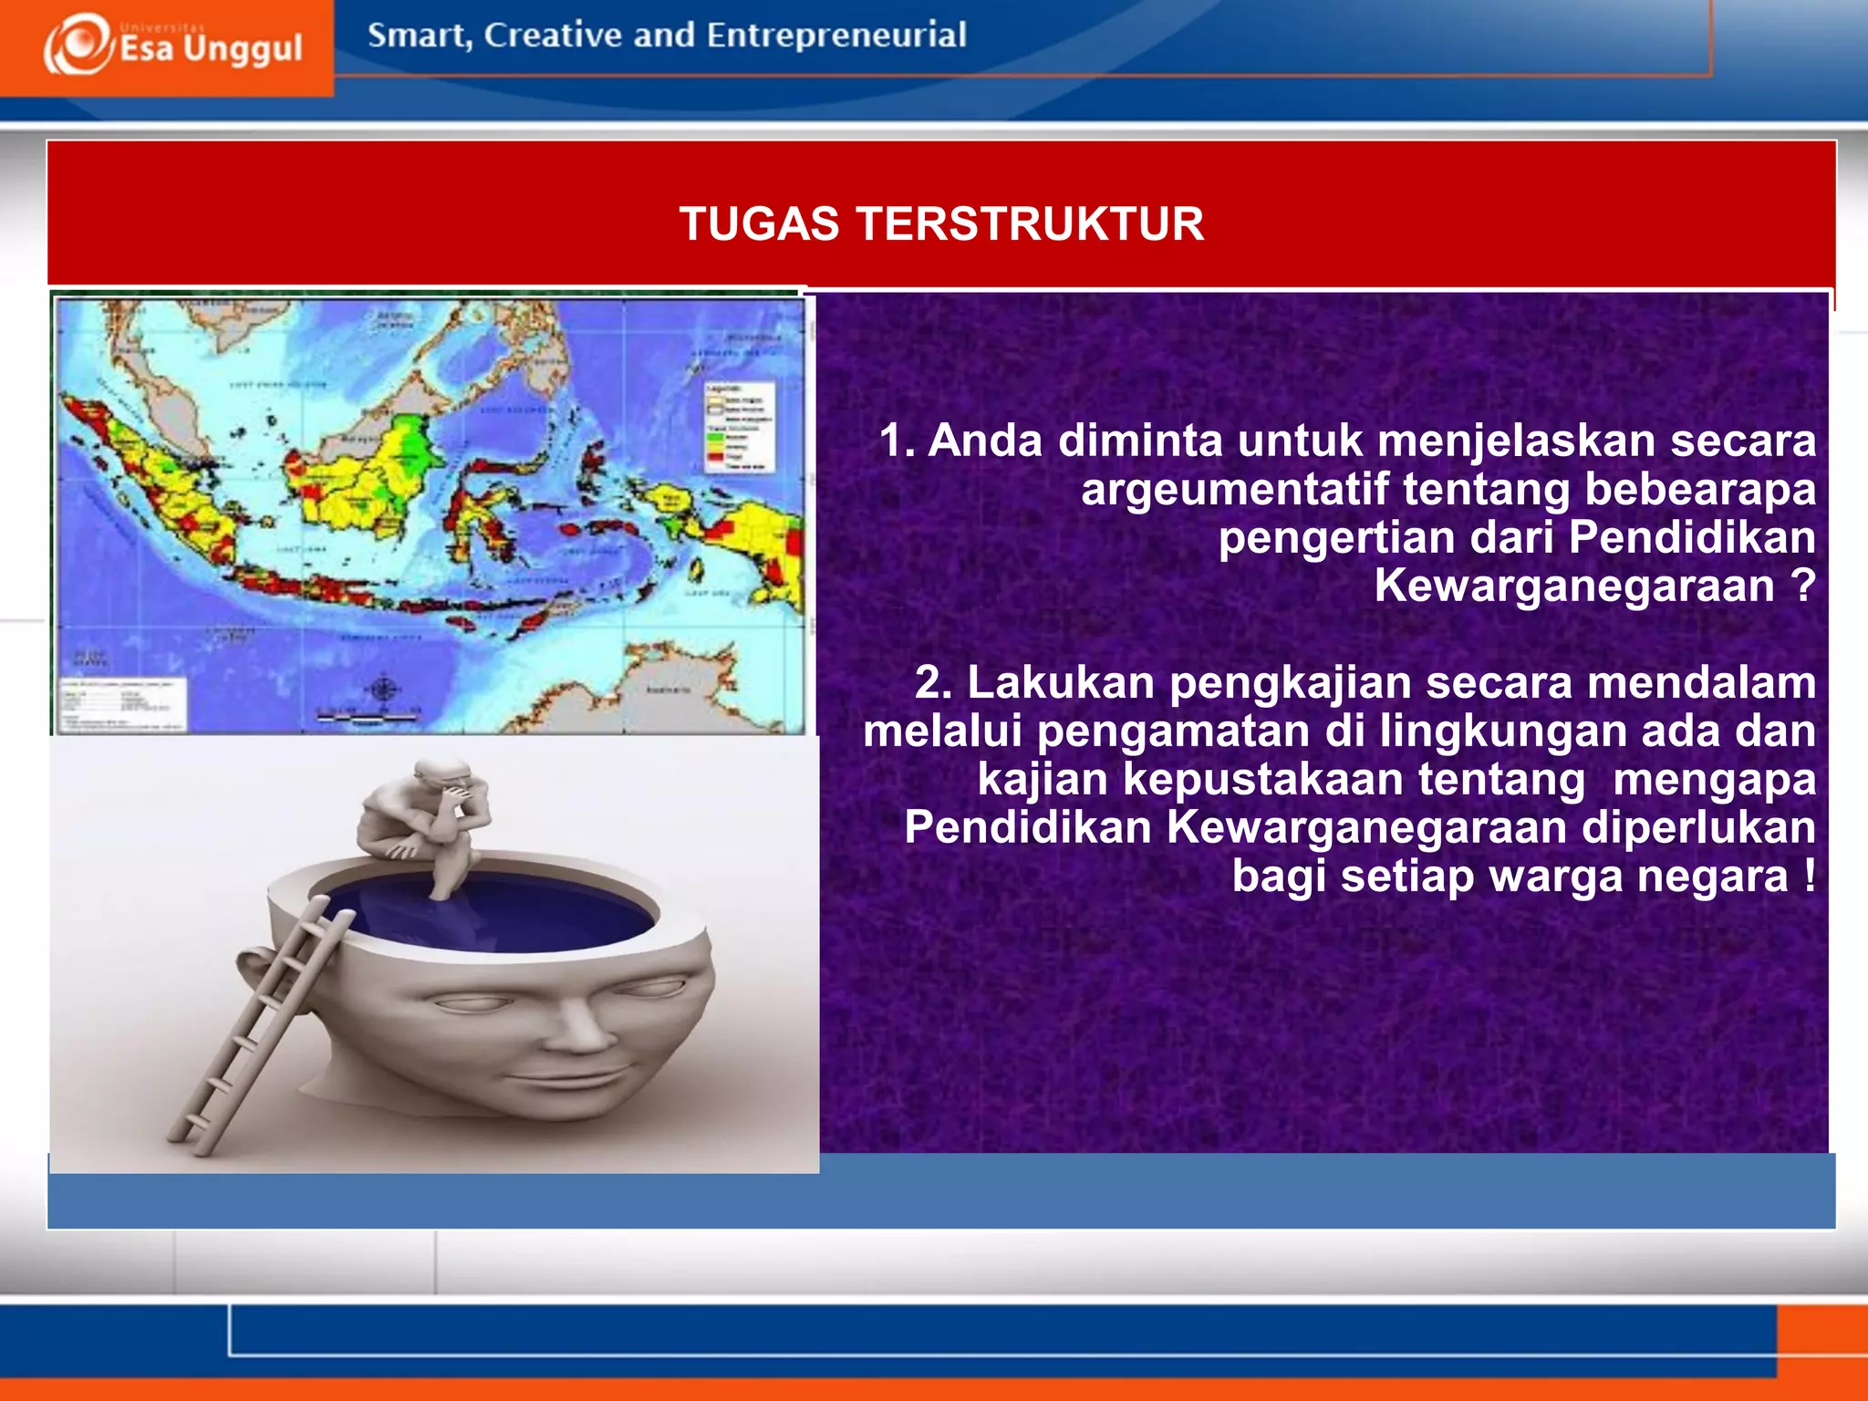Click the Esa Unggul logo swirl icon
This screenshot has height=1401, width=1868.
tap(78, 44)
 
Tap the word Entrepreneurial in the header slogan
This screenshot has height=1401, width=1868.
tap(835, 36)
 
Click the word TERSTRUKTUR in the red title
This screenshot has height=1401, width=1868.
tap(1030, 224)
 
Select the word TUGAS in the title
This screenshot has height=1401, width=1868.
tap(758, 224)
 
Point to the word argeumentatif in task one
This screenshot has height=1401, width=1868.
tap(1234, 489)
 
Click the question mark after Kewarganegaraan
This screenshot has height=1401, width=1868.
tap(1802, 585)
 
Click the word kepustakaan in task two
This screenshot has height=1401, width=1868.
tap(1354, 779)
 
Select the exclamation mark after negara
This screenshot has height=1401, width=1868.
tap(1808, 876)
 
